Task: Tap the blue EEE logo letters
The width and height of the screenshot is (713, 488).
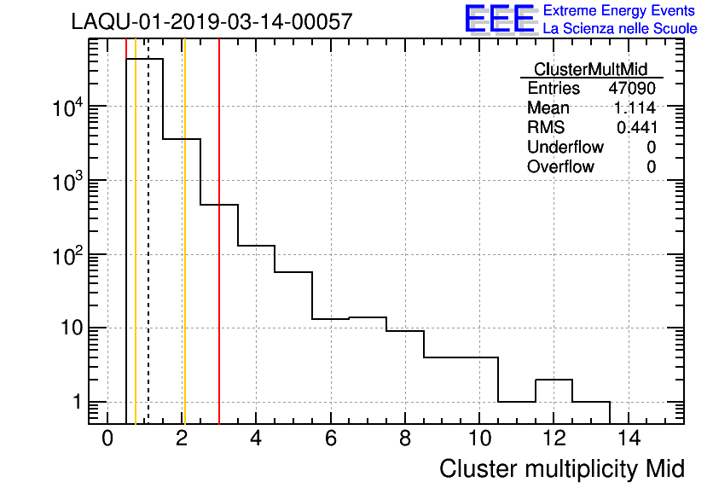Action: tap(500, 19)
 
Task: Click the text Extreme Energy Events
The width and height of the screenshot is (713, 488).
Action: tap(620, 11)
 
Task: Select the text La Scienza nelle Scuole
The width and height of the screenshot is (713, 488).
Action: tap(620, 29)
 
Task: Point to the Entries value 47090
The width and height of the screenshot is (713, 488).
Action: tap(632, 89)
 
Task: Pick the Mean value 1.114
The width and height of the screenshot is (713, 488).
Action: tap(635, 108)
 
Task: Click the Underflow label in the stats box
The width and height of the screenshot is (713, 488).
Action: tap(565, 147)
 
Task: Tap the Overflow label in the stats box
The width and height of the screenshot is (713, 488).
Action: tap(560, 166)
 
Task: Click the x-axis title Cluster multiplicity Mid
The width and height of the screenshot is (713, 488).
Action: tap(561, 468)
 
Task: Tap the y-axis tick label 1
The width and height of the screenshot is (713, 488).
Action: tap(78, 402)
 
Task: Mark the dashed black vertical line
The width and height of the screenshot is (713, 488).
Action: tap(148, 256)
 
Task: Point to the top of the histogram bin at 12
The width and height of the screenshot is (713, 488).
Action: tap(554, 380)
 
